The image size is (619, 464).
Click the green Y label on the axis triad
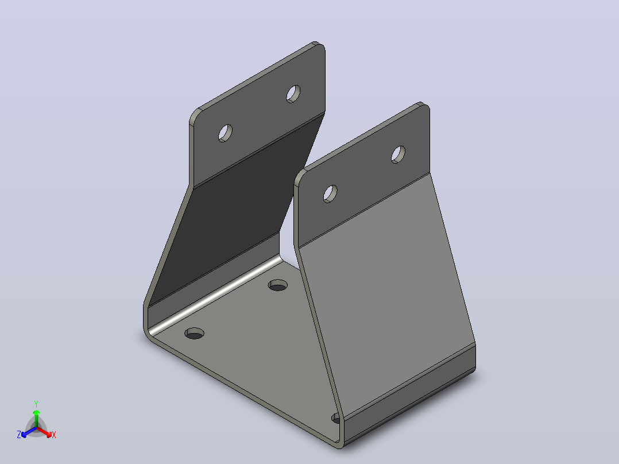click(36, 404)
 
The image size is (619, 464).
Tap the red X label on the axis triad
click(54, 435)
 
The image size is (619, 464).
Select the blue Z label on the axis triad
click(19, 435)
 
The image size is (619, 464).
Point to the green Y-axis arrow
click(36, 419)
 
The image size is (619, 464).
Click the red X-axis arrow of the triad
click(44, 432)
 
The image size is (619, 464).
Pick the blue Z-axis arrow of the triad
click(29, 432)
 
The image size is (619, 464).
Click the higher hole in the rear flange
click(293, 94)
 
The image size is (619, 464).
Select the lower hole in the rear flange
click(226, 133)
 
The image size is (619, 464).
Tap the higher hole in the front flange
click(399, 154)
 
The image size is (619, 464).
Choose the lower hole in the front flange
click(330, 194)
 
